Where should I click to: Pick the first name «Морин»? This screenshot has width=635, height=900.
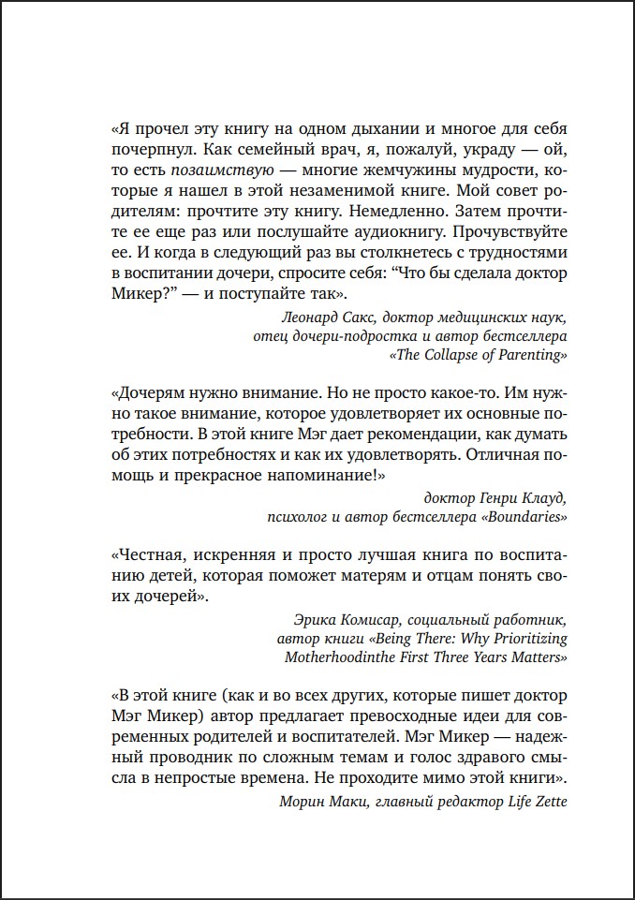302,801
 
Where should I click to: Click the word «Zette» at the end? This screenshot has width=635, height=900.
548,801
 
